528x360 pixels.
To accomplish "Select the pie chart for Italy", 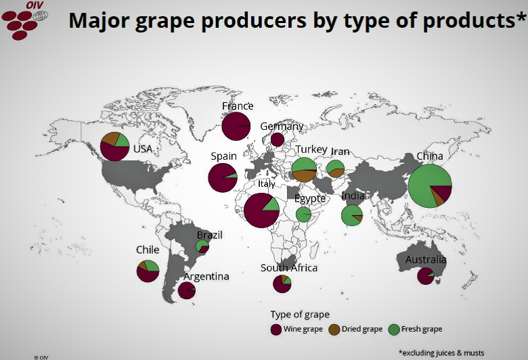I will click(x=261, y=210).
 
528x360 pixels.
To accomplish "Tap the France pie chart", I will click(x=236, y=127).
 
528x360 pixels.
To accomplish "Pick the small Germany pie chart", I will click(x=277, y=139).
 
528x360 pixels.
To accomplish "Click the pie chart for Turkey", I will click(x=304, y=169).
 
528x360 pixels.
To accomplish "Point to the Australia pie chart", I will click(x=425, y=276).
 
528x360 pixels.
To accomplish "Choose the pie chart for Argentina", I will click(x=186, y=290).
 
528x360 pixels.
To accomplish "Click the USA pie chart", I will click(x=114, y=147).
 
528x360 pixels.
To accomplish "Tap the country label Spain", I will click(x=223, y=156).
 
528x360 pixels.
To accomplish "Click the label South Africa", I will click(x=289, y=268).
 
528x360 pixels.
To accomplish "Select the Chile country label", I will click(x=148, y=250).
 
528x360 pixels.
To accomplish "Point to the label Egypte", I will click(x=310, y=199).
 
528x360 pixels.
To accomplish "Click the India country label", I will click(x=353, y=196).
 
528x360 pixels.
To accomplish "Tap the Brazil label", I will click(x=209, y=235).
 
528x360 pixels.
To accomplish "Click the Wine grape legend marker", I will click(x=276, y=330).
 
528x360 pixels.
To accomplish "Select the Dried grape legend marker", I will click(x=334, y=330).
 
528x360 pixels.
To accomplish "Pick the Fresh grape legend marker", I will click(x=394, y=330).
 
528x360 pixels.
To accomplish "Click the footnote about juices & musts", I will click(x=441, y=353).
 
